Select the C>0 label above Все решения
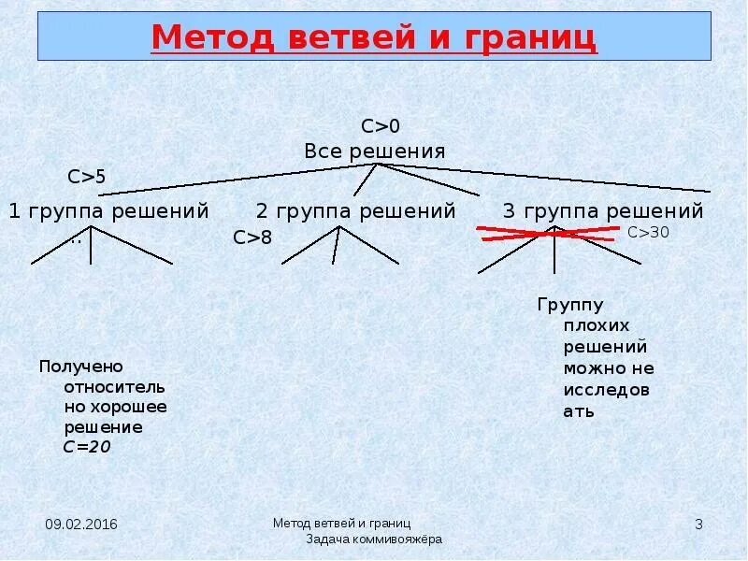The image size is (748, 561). pos(381,126)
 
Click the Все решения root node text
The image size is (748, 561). pos(375,151)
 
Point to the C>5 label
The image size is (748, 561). pos(87,176)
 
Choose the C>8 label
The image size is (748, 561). pos(252,237)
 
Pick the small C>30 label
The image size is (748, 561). pos(648,233)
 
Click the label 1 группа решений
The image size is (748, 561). pos(108,211)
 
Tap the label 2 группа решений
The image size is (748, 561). pos(356,211)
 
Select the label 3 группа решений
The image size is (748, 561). pos(603,211)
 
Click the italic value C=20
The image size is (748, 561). pos(87,447)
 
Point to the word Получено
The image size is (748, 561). pos(81,366)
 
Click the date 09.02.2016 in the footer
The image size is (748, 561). pos(81,525)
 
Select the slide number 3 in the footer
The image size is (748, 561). pos(698,525)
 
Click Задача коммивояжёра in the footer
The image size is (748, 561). pos(374,539)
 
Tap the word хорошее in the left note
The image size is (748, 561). pos(129,407)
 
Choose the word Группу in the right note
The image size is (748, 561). pos(570,305)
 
